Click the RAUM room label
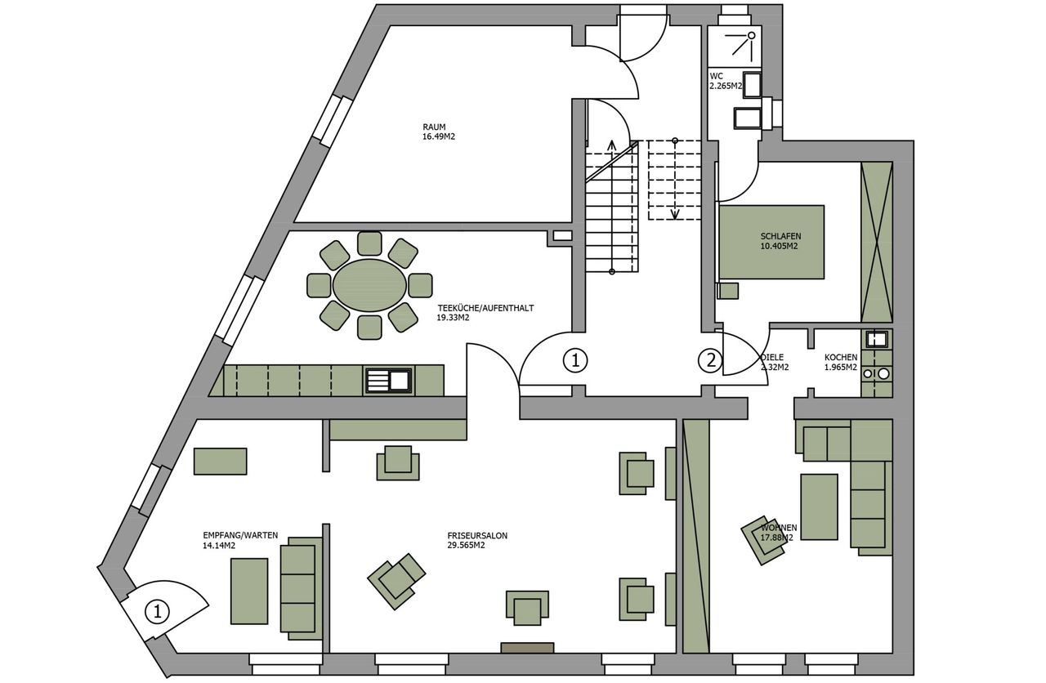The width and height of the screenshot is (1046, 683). click(x=434, y=127)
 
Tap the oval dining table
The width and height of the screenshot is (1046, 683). click(x=370, y=285)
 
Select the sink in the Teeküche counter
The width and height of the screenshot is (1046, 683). click(x=389, y=380)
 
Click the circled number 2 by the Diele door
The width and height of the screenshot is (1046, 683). click(x=710, y=360)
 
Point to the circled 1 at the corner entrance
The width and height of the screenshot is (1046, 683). click(x=158, y=611)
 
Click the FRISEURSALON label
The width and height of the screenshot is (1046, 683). click(x=477, y=535)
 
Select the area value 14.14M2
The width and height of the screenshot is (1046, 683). click(x=219, y=545)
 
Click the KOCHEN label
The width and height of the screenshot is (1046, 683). click(x=841, y=357)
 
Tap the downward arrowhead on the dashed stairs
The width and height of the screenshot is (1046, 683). click(x=675, y=214)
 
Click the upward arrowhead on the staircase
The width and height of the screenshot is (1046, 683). click(x=611, y=145)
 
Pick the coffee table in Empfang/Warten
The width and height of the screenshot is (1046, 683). click(x=249, y=591)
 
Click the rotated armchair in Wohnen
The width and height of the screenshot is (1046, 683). click(x=763, y=540)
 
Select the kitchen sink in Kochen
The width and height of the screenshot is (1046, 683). click(x=877, y=339)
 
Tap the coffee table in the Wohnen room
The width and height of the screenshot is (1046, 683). click(x=819, y=507)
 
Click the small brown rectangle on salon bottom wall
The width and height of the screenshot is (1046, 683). click(x=527, y=648)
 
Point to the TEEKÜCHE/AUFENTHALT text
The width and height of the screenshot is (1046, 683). click(x=485, y=308)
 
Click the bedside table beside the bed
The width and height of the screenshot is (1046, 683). click(x=727, y=290)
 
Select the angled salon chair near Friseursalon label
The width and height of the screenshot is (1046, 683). click(x=396, y=581)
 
